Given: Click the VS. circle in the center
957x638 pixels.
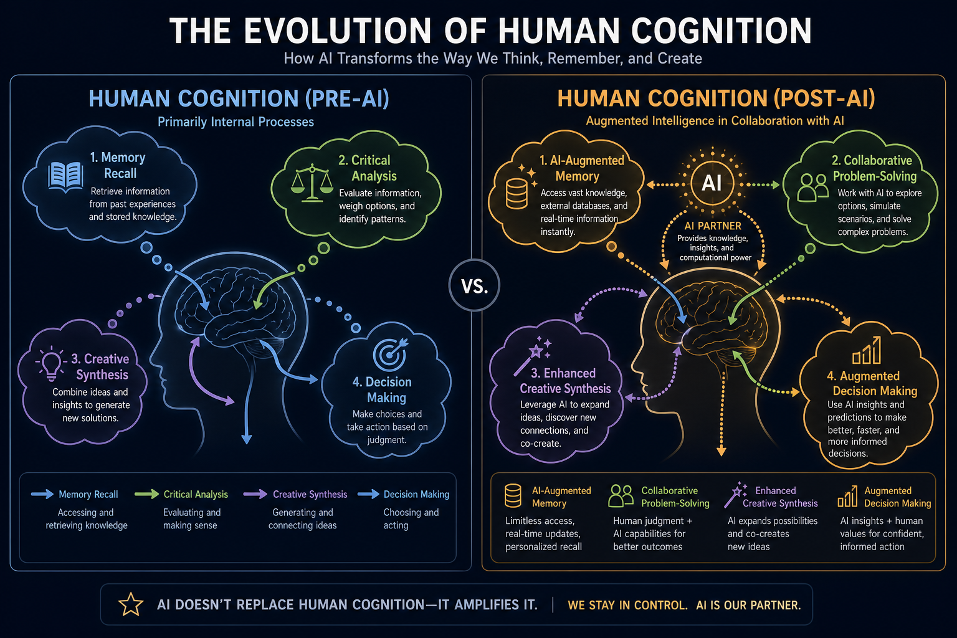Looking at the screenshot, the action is (x=474, y=285).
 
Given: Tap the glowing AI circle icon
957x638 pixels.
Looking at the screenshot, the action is (x=712, y=183).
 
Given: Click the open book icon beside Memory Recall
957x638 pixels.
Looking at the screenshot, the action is (x=65, y=177).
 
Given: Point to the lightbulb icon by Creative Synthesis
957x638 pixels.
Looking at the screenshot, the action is (x=51, y=364).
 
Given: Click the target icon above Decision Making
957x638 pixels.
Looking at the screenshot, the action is (x=390, y=355).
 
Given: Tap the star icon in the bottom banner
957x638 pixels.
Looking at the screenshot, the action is (x=131, y=604).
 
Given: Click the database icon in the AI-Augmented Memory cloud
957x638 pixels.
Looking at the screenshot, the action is (x=517, y=194).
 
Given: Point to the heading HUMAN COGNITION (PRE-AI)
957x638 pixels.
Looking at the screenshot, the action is (x=239, y=98).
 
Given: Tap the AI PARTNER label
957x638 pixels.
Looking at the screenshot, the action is (x=713, y=226).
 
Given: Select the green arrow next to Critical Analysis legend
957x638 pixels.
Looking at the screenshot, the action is (x=146, y=494).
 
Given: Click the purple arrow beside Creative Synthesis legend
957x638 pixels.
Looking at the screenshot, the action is (x=255, y=494).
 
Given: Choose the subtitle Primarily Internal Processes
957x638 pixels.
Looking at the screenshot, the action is (x=236, y=121).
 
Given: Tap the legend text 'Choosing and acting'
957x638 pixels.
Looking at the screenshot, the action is (x=411, y=518).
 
